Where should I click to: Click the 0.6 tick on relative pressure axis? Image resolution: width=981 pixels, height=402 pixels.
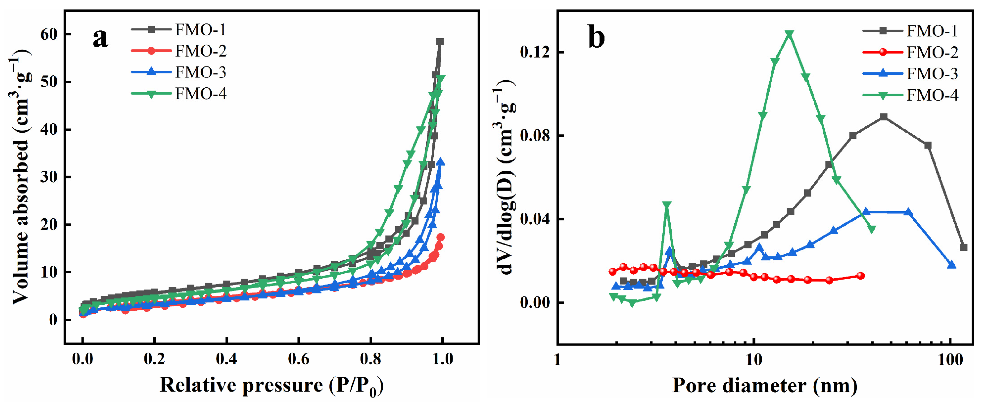point(298,359)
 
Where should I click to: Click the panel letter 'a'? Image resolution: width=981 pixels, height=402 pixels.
point(100,38)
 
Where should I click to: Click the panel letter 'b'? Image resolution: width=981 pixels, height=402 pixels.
point(597,37)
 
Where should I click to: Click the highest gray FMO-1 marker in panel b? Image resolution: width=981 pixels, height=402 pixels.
point(884,116)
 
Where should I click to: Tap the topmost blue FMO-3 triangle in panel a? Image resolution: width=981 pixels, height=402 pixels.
point(441,162)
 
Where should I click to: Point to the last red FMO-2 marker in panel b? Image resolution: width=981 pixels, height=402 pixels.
point(860,276)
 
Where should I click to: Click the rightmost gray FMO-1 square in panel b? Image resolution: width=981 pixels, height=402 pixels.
point(964,247)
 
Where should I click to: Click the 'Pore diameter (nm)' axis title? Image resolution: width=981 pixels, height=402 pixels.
point(765,385)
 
